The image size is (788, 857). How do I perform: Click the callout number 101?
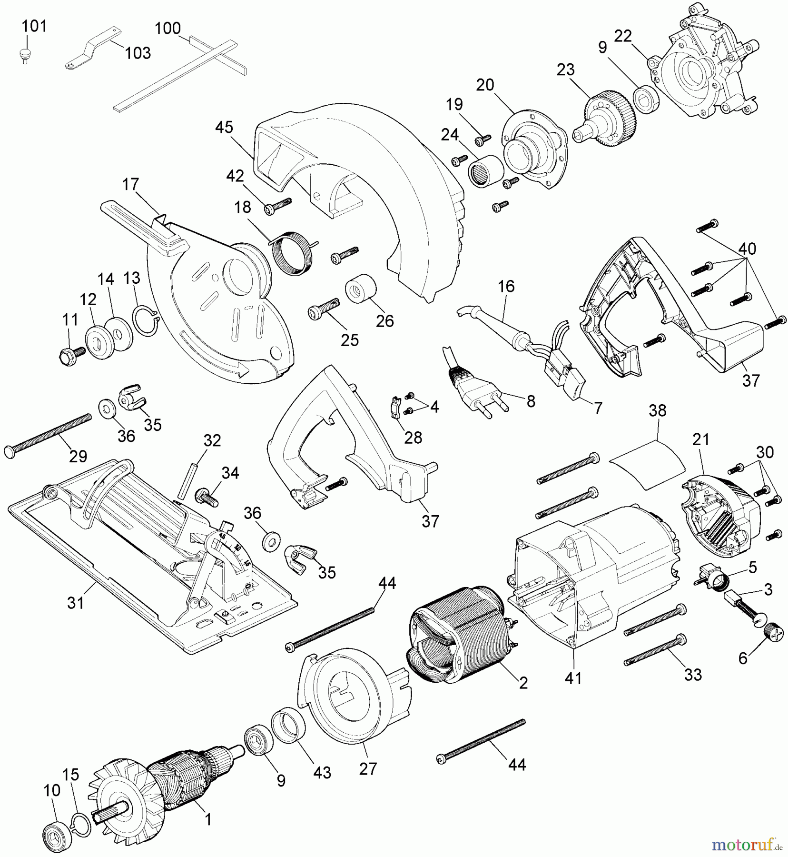[34, 26]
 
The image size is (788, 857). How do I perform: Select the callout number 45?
[224, 128]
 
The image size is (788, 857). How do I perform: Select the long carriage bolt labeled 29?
[48, 434]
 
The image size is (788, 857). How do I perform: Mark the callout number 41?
[573, 678]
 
